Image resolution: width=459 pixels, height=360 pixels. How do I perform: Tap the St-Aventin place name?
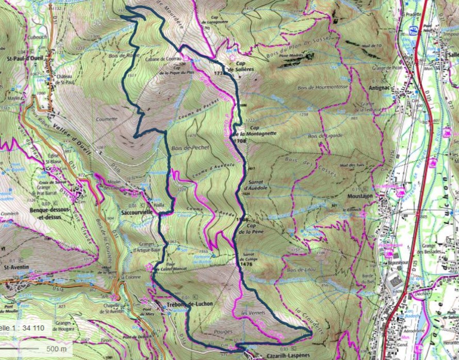[15, 268]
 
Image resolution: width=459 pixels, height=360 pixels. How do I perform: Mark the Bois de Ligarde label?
[323, 136]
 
